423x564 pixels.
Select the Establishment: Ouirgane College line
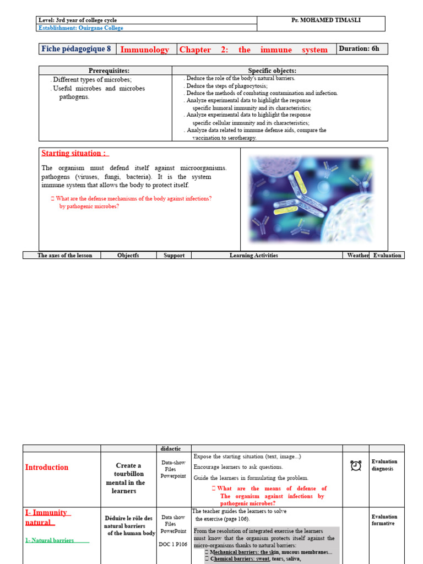click(x=80, y=28)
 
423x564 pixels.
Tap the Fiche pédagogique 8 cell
click(x=76, y=48)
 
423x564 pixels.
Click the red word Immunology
click(x=144, y=50)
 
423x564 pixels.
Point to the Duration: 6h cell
click(x=359, y=48)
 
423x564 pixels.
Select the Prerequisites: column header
click(x=109, y=70)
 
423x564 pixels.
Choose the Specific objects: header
click(x=272, y=70)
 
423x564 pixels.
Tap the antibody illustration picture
click(x=312, y=198)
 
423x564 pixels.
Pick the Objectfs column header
click(x=128, y=256)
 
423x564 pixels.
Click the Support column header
click(x=173, y=256)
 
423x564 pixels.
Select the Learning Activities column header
click(x=253, y=256)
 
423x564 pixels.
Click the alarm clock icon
click(x=356, y=466)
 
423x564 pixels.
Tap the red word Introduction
click(x=47, y=467)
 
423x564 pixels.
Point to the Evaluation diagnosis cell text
click(x=384, y=465)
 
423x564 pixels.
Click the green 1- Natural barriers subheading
click(x=50, y=540)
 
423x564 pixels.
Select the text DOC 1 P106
click(x=173, y=544)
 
